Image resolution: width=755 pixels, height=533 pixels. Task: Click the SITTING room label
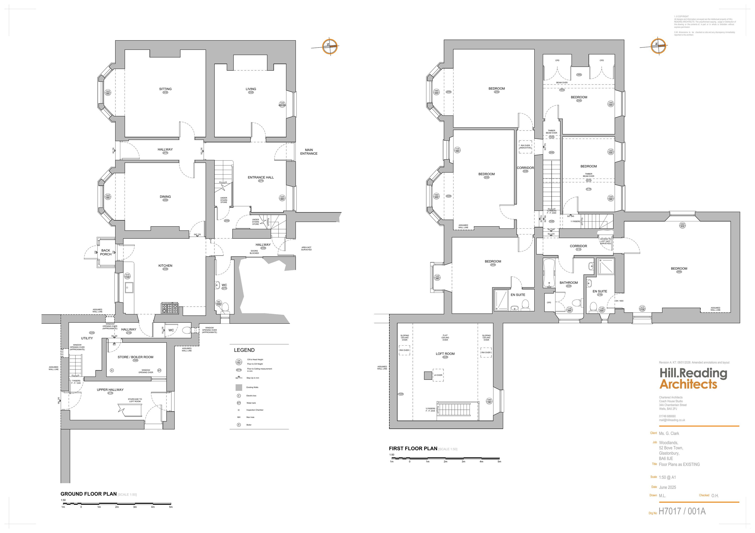tap(165, 89)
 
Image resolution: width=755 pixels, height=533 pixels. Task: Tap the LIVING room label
tap(251, 89)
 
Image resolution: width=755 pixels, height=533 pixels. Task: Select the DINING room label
tap(165, 197)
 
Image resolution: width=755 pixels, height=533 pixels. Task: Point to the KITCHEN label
tap(165, 266)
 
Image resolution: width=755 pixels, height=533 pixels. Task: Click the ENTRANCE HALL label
tap(260, 177)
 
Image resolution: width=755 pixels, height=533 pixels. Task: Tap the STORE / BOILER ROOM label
tap(135, 357)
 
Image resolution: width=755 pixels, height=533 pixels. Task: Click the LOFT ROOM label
tap(445, 354)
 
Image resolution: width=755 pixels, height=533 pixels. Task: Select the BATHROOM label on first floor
tap(569, 283)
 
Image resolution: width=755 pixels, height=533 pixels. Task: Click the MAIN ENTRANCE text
tap(309, 152)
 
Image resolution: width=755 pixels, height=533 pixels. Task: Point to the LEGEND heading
tap(244, 350)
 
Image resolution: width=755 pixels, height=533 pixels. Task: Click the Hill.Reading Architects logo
tap(693, 379)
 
